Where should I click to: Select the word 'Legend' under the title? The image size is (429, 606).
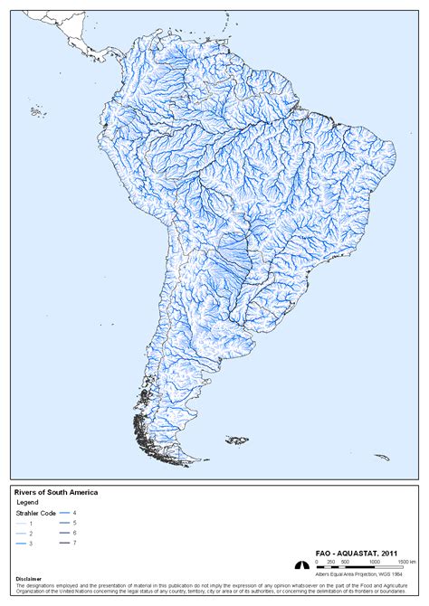[29, 502]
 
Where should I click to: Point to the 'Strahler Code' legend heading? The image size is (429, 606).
[36, 514]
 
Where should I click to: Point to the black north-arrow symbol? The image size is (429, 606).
[302, 564]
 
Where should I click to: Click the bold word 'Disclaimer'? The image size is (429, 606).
[29, 580]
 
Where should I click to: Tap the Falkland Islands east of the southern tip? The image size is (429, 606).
[237, 440]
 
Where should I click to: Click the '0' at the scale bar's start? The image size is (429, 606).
[317, 562]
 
